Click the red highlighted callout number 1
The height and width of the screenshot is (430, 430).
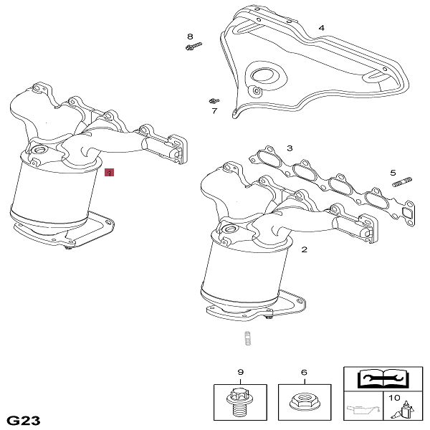coord(109,173)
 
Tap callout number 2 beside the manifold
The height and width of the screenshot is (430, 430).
coord(304,249)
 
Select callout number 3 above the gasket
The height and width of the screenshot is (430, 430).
coord(290,148)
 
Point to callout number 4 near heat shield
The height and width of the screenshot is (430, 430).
coord(321,28)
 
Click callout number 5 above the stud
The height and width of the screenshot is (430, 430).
coord(393,173)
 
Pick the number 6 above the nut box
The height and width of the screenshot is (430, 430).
coord(304,373)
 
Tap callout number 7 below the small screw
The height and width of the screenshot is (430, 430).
coord(214,111)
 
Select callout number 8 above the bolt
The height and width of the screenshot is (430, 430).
coord(190,37)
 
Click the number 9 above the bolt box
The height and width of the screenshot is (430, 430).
coord(240,372)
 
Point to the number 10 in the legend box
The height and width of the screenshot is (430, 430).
coord(394,398)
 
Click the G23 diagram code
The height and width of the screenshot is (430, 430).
coord(24,421)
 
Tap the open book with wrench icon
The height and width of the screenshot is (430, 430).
coord(383,378)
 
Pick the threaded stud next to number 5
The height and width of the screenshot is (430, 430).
coord(402,182)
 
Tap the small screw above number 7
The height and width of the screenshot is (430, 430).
coord(214,100)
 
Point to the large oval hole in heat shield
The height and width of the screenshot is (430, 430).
coord(262,75)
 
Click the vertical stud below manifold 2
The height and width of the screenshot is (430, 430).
coord(248,339)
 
